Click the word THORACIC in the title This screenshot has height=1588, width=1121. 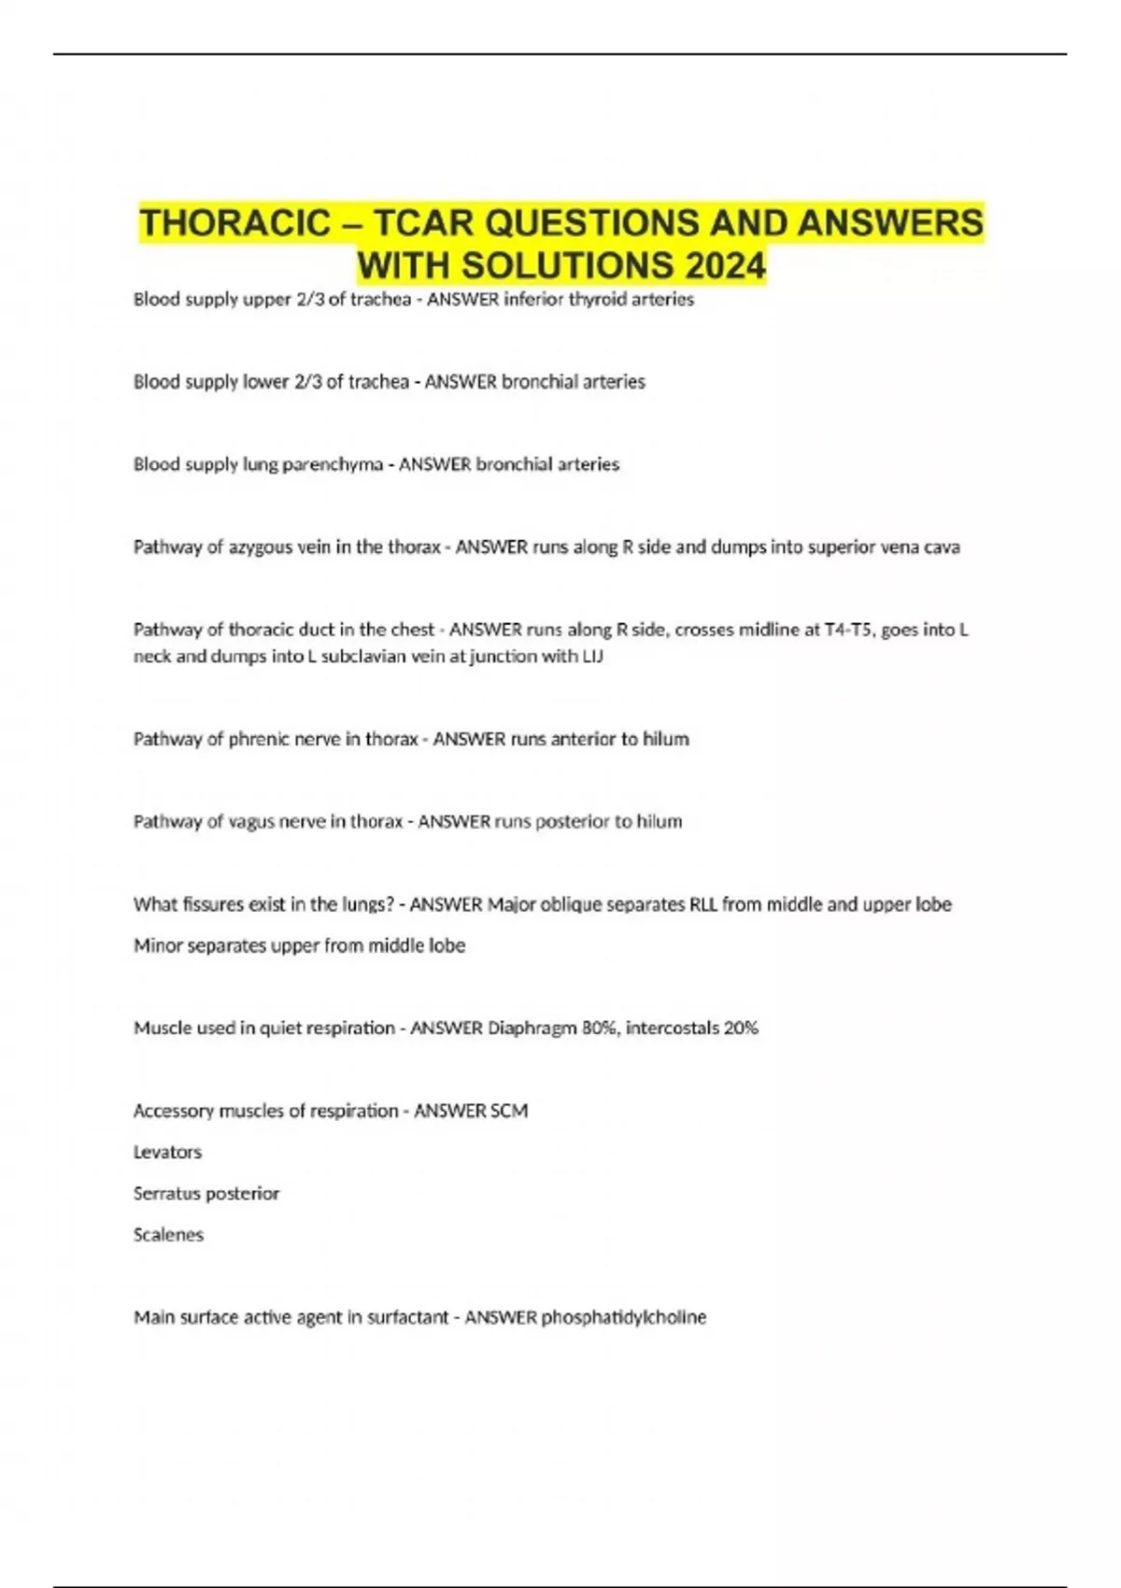(234, 223)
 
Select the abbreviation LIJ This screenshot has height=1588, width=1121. (592, 657)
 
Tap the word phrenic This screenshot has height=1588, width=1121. (259, 739)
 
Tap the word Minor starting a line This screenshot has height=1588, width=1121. (158, 945)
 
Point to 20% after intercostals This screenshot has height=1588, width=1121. (741, 1028)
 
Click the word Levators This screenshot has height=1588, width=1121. (167, 1152)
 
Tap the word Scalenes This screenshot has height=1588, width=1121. (168, 1235)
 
